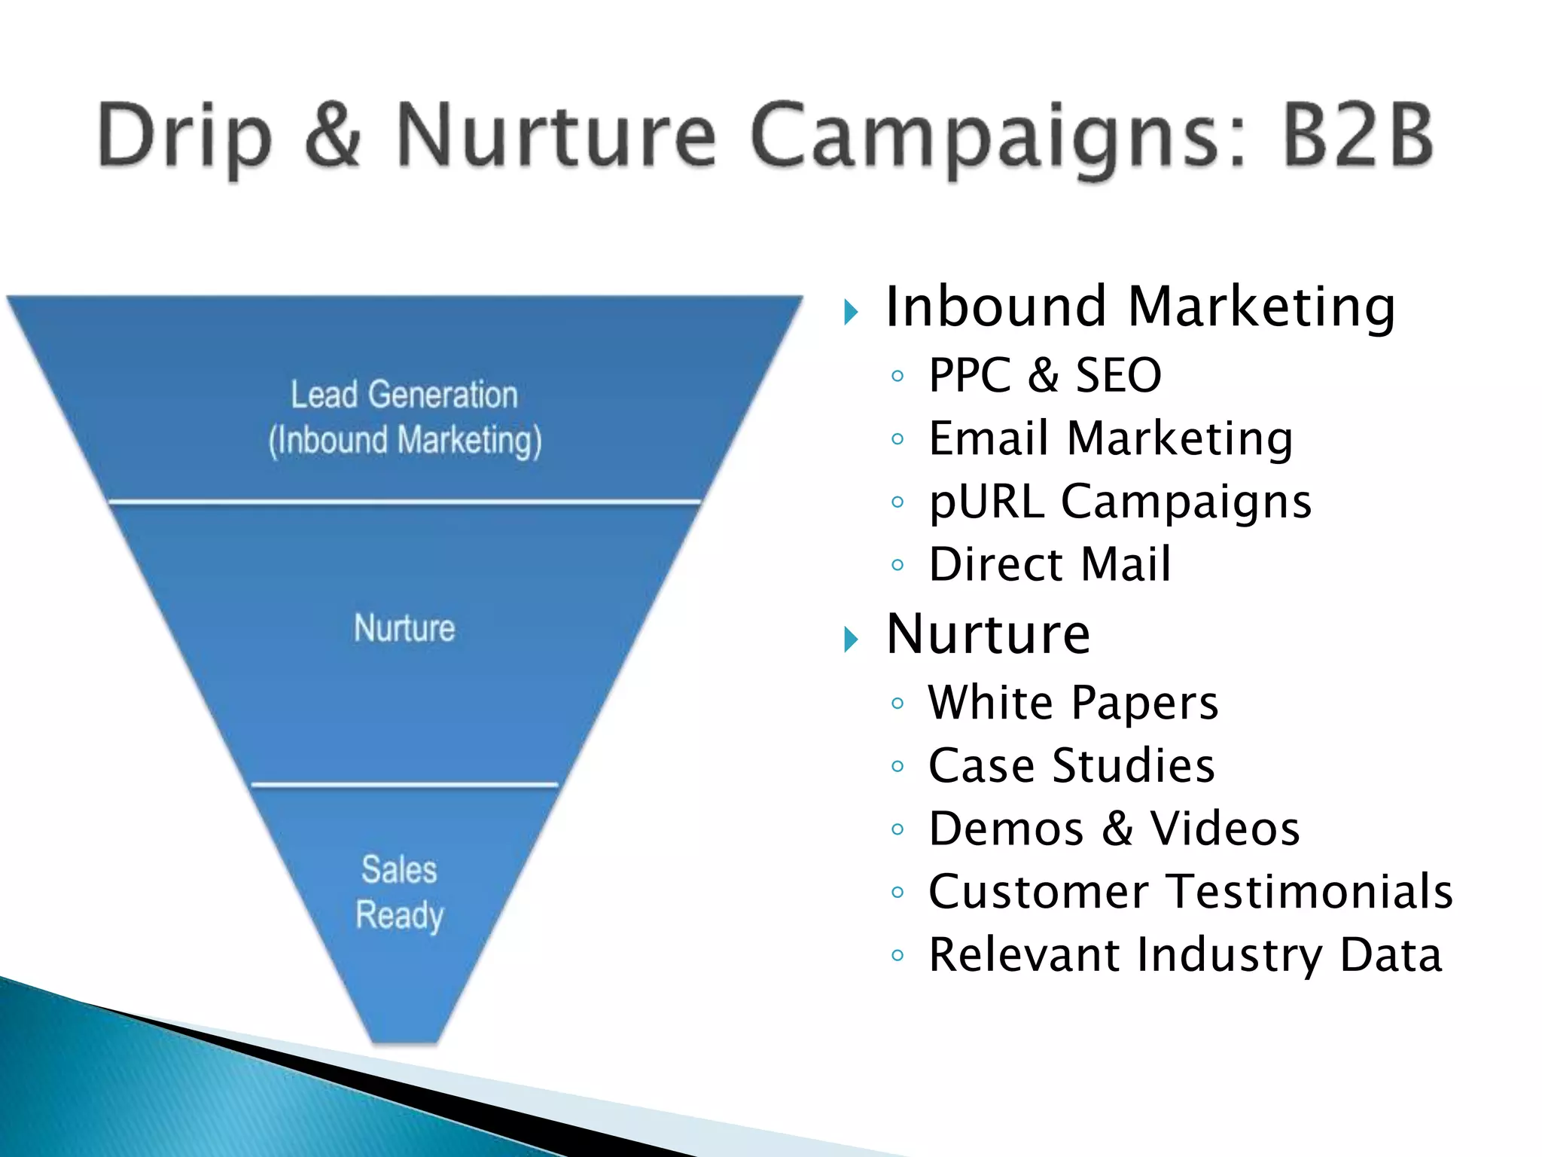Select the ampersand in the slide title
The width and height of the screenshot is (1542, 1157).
pos(334,136)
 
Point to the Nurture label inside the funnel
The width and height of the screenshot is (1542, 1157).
pos(404,628)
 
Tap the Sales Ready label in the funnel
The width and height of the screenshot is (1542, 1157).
pos(399,893)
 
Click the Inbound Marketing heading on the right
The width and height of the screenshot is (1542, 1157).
pos(1140,307)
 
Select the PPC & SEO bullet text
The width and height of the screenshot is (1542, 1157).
pos(1044,374)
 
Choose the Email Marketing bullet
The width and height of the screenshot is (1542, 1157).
pos(1111,438)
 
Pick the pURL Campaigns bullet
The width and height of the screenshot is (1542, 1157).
pos(1120,501)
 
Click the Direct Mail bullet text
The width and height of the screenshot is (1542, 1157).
pos(1050,563)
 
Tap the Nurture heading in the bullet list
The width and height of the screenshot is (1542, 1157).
pos(988,634)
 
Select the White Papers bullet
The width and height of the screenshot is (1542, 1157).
pos(1073,703)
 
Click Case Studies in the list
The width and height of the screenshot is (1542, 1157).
pos(1071,765)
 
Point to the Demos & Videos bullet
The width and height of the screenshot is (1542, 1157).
pos(1114,829)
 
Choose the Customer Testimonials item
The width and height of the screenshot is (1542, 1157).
pos(1190,892)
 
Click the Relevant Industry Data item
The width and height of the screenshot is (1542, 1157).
pos(1185,954)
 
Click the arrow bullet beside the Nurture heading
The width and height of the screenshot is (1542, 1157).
pos(851,640)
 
